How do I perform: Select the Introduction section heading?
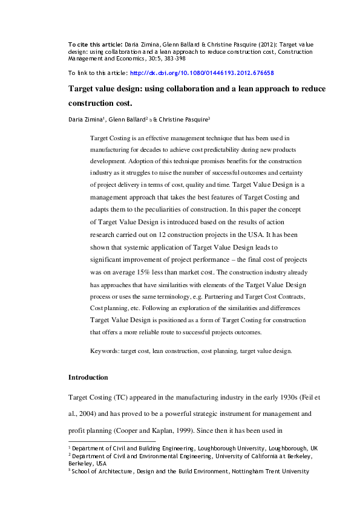88,377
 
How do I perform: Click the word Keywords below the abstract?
104,350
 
